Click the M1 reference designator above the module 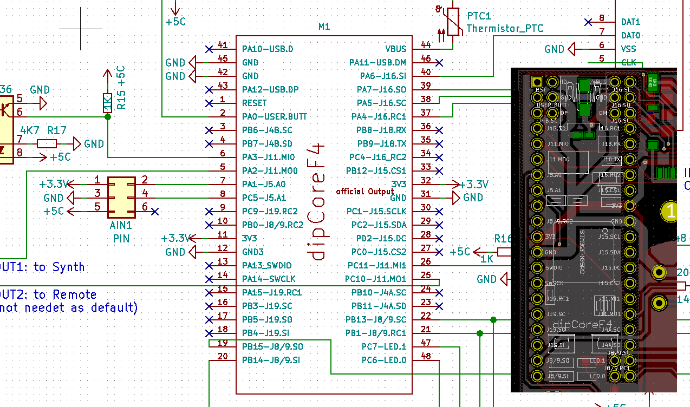click(324, 27)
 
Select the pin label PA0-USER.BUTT click(275, 116)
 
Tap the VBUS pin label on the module click(395, 49)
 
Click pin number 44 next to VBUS click(426, 45)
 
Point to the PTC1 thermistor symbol click(454, 23)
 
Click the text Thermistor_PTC click(504, 29)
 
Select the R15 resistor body click(107, 103)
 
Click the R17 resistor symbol click(47, 143)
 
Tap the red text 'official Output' click(365, 192)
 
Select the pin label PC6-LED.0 click(384, 360)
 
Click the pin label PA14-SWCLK click(269, 279)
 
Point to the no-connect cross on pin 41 click(209, 49)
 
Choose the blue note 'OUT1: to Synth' click(42, 267)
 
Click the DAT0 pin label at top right click(630, 35)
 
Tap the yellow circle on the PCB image click(671, 211)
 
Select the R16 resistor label click(503, 239)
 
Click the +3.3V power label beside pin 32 click(474, 184)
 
